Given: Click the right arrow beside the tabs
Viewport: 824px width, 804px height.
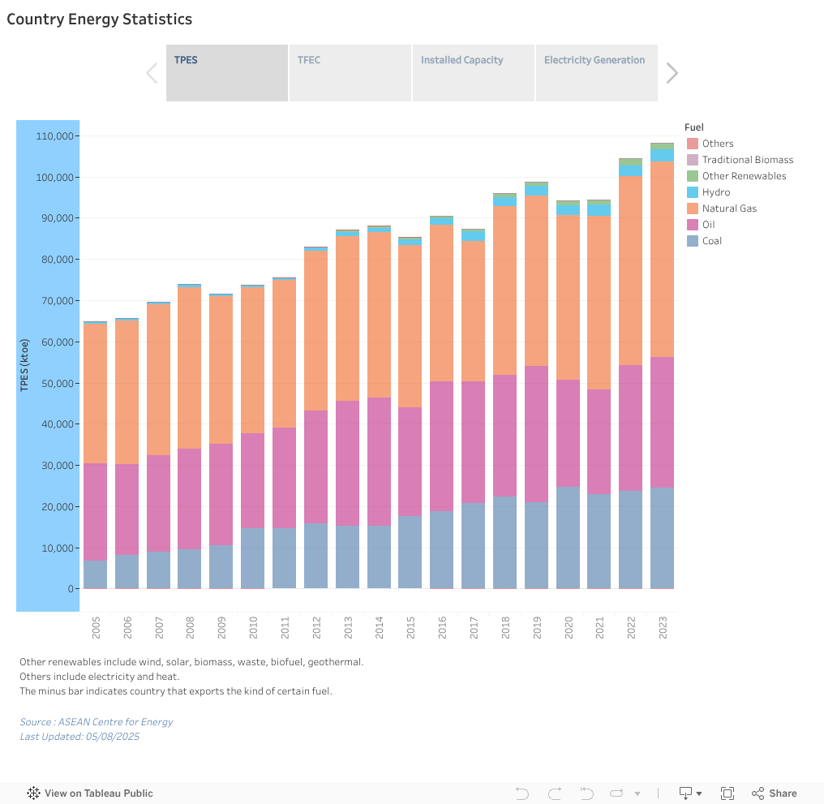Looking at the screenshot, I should coord(672,73).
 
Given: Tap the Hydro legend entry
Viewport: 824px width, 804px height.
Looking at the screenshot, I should coord(716,192).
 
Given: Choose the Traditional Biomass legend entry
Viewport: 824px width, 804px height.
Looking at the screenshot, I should coord(747,160).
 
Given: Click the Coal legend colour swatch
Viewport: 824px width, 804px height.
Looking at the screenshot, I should coord(693,241).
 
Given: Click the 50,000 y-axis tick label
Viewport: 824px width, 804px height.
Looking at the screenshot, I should coord(58,383).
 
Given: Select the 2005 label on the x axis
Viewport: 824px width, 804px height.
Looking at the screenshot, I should coord(96,627).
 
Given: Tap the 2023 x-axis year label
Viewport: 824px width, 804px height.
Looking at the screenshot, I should coord(663,627).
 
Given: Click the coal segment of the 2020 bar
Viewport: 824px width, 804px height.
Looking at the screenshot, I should coord(568,537).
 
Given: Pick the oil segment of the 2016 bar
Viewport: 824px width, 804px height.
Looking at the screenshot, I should coord(442,445).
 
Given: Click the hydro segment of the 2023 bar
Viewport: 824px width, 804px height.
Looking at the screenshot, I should coord(663,155).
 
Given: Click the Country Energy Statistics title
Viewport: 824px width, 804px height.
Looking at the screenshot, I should coord(100,19).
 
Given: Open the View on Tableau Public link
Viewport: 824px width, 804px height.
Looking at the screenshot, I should coord(90,793).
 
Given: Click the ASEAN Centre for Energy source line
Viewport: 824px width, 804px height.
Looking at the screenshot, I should coord(97,721).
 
